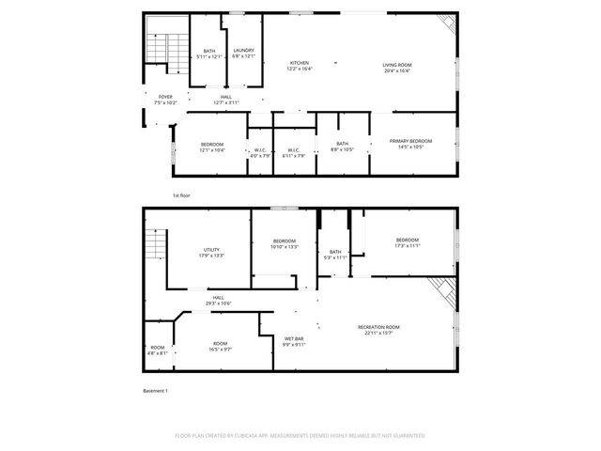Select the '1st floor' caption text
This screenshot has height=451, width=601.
(181, 194)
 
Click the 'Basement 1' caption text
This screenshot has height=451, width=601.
(155, 390)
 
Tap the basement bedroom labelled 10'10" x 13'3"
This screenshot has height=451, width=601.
(285, 243)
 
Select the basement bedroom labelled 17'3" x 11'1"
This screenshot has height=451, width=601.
(408, 242)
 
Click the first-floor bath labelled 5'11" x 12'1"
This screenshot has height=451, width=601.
(209, 54)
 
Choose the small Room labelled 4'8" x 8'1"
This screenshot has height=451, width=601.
(158, 350)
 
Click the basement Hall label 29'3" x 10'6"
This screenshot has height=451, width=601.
(218, 300)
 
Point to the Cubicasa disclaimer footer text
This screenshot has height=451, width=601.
(300, 435)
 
